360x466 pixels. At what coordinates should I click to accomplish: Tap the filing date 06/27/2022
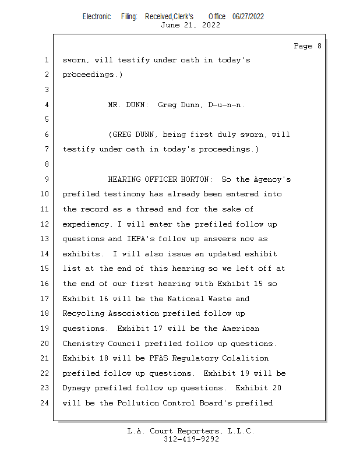click(248, 16)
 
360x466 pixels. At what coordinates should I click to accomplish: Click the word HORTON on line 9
click(200, 179)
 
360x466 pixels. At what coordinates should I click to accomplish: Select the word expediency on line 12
click(85, 224)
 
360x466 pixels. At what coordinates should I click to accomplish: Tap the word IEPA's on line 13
click(140, 239)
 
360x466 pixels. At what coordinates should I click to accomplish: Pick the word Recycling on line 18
click(83, 313)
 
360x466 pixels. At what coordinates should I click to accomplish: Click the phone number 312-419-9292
click(191, 439)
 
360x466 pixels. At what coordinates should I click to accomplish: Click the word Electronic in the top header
click(96, 16)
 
